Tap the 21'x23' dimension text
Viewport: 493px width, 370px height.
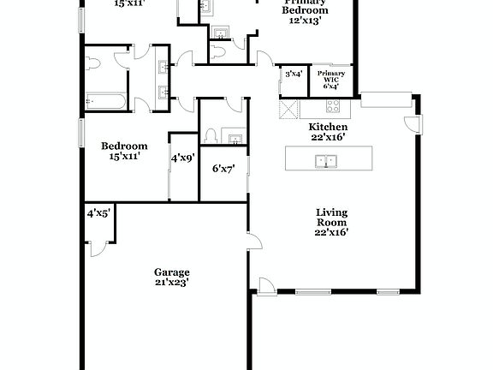coord(171,281)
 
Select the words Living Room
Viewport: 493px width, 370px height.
coord(333,218)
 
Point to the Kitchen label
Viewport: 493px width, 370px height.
coord(328,127)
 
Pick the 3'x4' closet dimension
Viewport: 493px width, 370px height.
coord(294,74)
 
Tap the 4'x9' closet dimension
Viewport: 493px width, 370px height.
coord(183,158)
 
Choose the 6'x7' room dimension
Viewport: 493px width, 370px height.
coord(223,168)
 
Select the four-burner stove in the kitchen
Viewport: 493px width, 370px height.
coord(332,107)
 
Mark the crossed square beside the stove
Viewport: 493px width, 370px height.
coord(288,109)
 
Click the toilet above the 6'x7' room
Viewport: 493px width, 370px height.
coord(210,138)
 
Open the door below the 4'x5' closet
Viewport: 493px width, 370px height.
coord(97,248)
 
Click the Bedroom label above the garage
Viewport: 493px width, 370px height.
coord(124,146)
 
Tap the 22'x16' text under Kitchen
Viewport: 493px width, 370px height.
coord(328,137)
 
